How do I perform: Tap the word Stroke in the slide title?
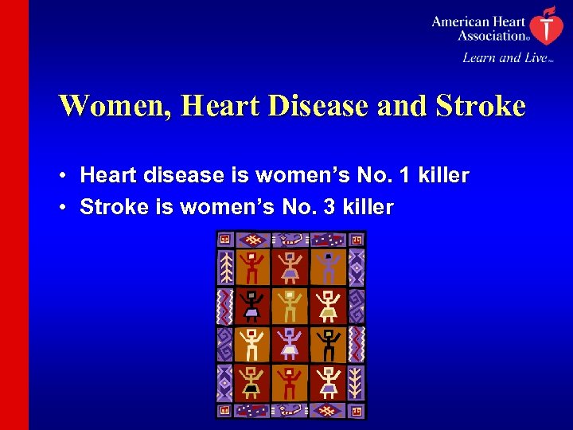479,106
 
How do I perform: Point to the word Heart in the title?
212,106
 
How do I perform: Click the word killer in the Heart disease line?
443,175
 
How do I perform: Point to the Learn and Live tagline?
505,57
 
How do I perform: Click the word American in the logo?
461,21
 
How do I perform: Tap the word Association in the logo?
490,35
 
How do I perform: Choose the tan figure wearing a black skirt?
252,382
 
